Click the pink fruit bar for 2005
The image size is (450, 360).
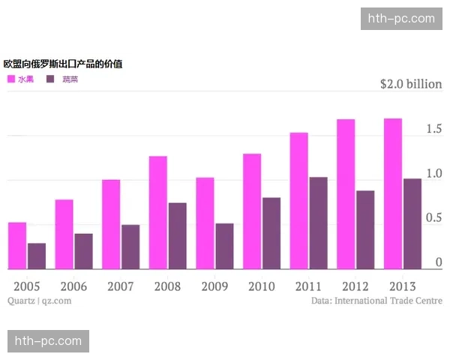point(17,246)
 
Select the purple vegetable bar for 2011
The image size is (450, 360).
point(318,223)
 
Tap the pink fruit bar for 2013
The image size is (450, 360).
point(393,193)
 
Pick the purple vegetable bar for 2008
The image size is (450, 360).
point(177,235)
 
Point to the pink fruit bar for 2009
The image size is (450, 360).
point(205,223)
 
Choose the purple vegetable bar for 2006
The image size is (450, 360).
point(83,251)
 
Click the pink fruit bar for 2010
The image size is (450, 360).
point(252,211)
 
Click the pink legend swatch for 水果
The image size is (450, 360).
point(11,79)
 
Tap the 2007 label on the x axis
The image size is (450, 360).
point(121,286)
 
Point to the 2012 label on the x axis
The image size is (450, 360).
point(355,286)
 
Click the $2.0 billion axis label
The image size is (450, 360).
point(411,84)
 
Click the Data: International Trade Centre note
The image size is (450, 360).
point(376,301)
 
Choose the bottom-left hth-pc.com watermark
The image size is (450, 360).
point(48,341)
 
